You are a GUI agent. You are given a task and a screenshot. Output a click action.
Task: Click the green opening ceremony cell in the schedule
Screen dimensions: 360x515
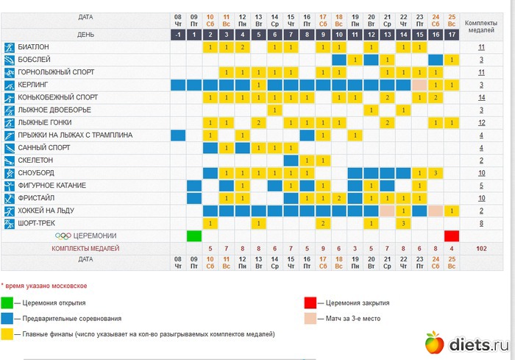click(193, 236)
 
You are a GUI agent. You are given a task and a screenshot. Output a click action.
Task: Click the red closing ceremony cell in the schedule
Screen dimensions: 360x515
click(452, 236)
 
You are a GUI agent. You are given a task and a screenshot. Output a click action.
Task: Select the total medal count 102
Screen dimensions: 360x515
click(481, 248)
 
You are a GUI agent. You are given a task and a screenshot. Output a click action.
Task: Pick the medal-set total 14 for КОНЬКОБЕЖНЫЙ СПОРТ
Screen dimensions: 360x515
click(481, 97)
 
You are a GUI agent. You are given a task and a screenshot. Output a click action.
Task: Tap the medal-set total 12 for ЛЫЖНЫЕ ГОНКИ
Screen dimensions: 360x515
click(481, 122)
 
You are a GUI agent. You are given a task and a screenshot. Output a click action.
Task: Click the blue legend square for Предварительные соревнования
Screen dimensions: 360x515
click(7, 318)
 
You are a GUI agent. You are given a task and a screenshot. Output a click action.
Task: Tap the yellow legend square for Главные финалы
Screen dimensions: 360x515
click(7, 333)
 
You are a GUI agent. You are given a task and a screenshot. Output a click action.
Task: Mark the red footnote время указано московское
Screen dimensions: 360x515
click(45, 285)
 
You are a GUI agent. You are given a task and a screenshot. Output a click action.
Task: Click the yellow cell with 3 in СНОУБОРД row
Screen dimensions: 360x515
click(436, 172)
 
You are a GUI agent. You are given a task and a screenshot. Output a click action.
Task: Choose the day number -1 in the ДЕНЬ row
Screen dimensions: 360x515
click(178, 35)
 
